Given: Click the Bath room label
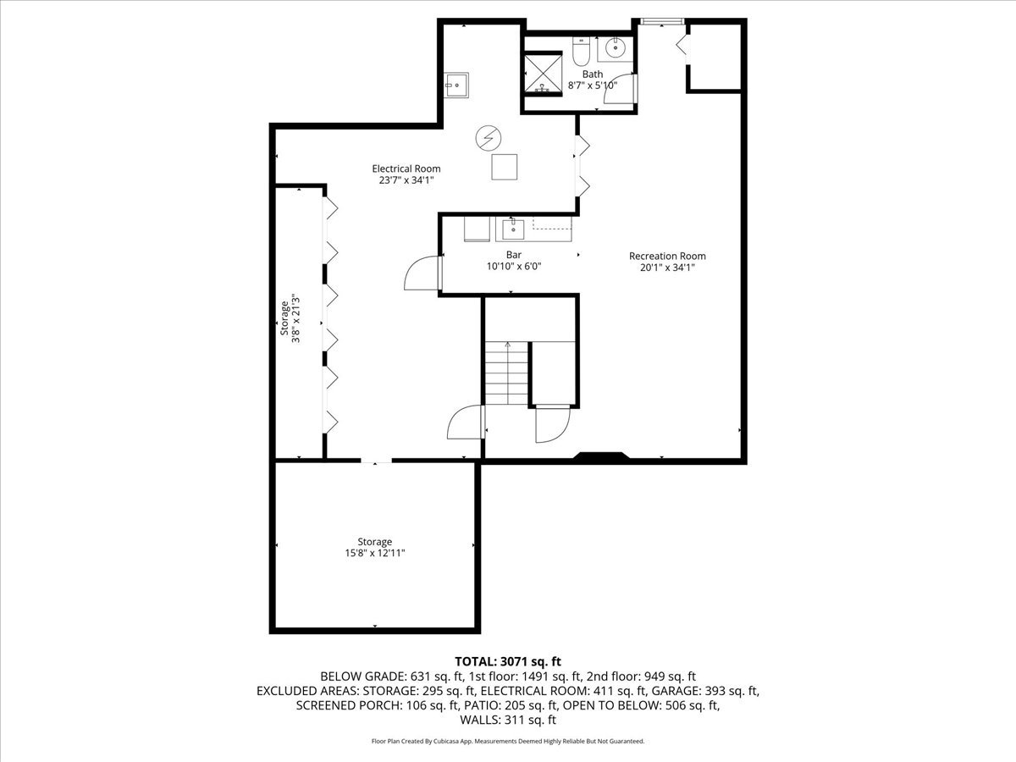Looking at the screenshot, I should click(592, 75).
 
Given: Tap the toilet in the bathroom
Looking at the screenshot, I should click(581, 53).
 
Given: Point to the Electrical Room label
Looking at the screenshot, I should click(406, 168).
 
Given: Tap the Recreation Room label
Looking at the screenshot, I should click(667, 256).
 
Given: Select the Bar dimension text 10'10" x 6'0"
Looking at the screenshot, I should click(514, 266).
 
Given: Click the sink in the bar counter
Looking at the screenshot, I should click(511, 229).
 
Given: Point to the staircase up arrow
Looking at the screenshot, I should click(507, 345).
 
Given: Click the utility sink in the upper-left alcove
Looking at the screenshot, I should click(456, 84).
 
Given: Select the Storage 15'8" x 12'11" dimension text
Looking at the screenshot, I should click(374, 553).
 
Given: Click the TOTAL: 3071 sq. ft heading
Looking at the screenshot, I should click(508, 660).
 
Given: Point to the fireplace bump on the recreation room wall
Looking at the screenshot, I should click(602, 457).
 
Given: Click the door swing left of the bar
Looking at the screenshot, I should click(421, 275).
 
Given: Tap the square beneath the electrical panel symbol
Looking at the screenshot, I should click(505, 167).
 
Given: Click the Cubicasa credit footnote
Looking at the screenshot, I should click(508, 741).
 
